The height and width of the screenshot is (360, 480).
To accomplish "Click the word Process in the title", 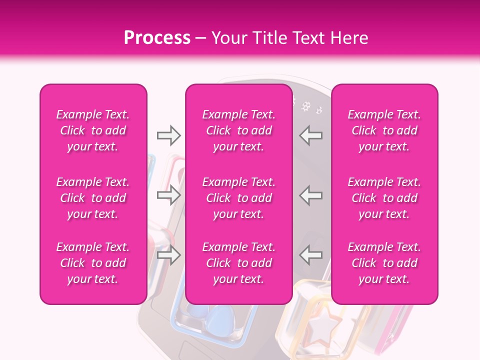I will (157, 38).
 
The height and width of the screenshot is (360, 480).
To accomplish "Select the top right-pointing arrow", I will (169, 135).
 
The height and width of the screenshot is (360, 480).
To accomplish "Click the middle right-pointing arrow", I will (169, 195).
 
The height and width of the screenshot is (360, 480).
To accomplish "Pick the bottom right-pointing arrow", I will (169, 255).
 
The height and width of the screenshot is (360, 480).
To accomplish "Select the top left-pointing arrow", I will (311, 135).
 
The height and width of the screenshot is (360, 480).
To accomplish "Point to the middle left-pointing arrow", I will (311, 195).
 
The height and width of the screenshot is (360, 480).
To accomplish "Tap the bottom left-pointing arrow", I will (311, 255).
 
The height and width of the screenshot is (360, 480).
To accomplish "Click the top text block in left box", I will (93, 130).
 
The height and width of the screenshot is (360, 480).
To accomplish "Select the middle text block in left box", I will (93, 198).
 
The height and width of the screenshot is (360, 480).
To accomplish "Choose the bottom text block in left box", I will (93, 263).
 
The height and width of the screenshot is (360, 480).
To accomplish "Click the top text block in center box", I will (239, 130).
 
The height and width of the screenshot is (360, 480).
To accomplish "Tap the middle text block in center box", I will (239, 198).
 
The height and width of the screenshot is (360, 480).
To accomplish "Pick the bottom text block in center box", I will (239, 263).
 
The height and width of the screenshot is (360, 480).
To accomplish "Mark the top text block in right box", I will (384, 130).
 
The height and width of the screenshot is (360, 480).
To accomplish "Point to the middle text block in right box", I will (384, 198).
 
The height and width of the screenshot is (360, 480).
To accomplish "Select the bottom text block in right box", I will (384, 263).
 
